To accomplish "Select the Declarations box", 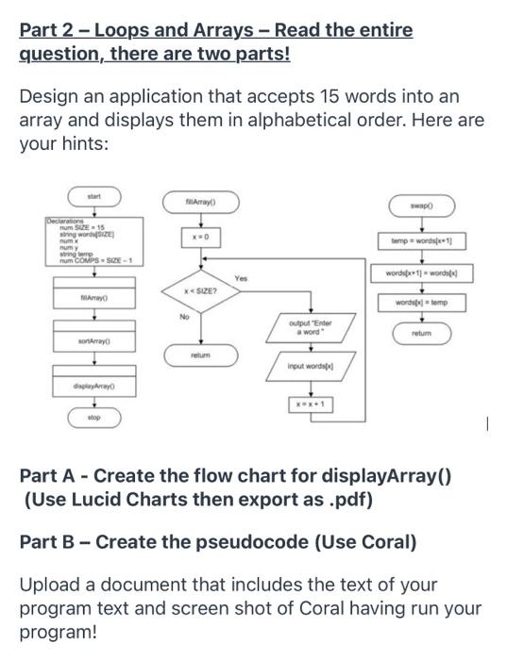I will pos(93,240).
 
